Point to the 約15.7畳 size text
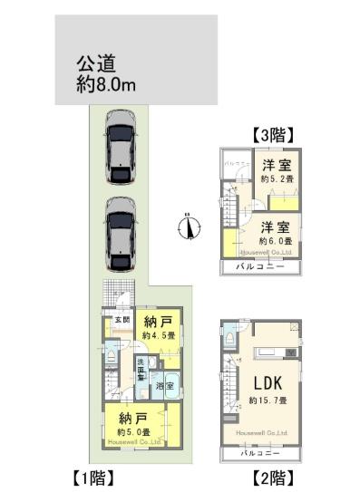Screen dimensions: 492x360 pos(269,400)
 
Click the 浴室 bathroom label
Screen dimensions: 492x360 pos(164,386)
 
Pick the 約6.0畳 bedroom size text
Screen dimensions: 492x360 pos(276,242)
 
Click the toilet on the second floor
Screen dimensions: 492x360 pos(232,337)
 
